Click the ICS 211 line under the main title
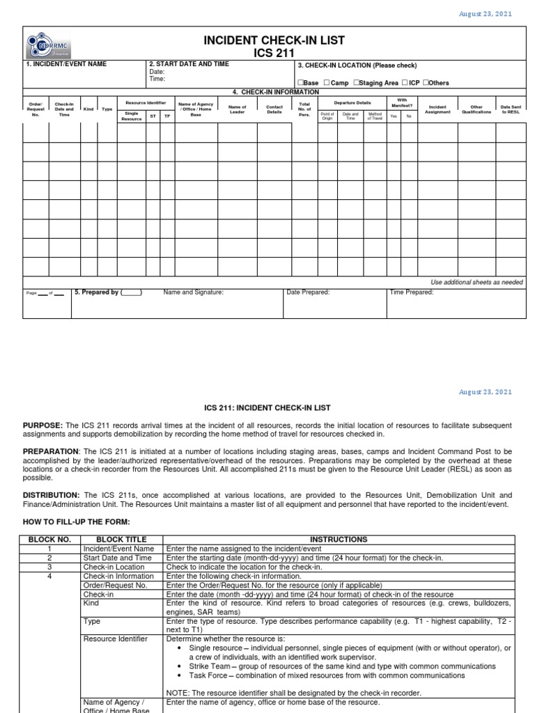pos(273,52)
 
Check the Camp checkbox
pos(327,83)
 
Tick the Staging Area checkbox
pos(356,83)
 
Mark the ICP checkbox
pos(405,83)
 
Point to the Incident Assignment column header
pos(437,109)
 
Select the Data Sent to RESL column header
pos(510,109)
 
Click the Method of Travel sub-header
pos(375,116)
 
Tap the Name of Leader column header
pos(237,109)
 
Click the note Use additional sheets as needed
pos(476,282)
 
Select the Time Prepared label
pos(412,292)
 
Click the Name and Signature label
pos(194,292)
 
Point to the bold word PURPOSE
pos(42,425)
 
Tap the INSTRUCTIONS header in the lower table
pos(339,539)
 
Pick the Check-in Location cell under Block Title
pos(114,567)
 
